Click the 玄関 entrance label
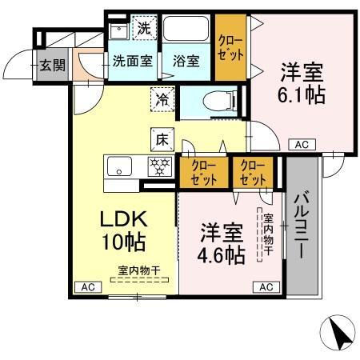click(53, 65)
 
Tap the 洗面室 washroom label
click(133, 61)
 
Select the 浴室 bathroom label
click(186, 61)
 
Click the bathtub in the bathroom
click(186, 29)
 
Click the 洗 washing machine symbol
click(144, 27)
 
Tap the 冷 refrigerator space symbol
click(162, 99)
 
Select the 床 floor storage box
click(162, 139)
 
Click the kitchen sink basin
click(119, 166)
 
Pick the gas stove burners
click(160, 166)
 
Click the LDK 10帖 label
click(124, 230)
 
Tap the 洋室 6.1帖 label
click(302, 82)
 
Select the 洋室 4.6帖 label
click(222, 243)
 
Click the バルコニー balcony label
click(302, 226)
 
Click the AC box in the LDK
click(88, 287)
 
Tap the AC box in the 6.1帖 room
click(302, 145)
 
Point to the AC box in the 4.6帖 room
click(266, 287)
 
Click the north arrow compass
click(338, 333)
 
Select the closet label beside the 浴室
click(230, 48)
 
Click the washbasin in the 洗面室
click(119, 31)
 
